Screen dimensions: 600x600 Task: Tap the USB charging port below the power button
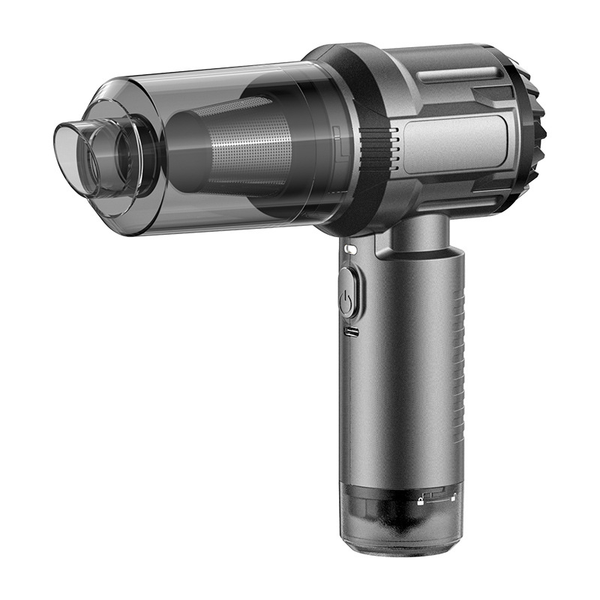[x=349, y=330]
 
